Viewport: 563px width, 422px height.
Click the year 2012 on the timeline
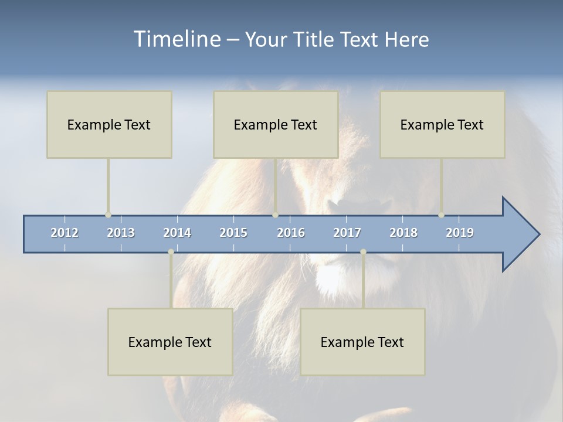pyautogui.click(x=65, y=233)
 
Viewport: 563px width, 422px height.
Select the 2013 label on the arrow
pyautogui.click(x=121, y=233)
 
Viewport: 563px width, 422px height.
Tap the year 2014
pyautogui.click(x=177, y=233)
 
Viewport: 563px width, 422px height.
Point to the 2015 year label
pyautogui.click(x=233, y=233)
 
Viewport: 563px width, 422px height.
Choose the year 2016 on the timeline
pyautogui.click(x=291, y=233)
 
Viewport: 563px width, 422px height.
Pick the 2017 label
pyautogui.click(x=347, y=233)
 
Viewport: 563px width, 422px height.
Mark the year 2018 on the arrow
pyautogui.click(x=403, y=233)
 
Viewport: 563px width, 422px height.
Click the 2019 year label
pyautogui.click(x=460, y=233)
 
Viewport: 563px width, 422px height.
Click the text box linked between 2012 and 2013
pyautogui.click(x=109, y=124)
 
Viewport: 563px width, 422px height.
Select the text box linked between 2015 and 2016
pyautogui.click(x=276, y=124)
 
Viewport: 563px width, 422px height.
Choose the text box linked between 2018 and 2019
pyautogui.click(x=442, y=124)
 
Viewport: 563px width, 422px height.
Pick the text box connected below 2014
pyautogui.click(x=170, y=342)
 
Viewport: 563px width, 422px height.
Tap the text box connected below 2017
pyautogui.click(x=362, y=342)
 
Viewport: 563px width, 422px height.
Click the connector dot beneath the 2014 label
pyautogui.click(x=171, y=252)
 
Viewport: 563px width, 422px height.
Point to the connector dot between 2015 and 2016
pyautogui.click(x=275, y=215)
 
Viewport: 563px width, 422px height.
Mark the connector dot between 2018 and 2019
pyautogui.click(x=442, y=215)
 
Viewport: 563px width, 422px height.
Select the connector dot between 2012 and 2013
pyautogui.click(x=108, y=215)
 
